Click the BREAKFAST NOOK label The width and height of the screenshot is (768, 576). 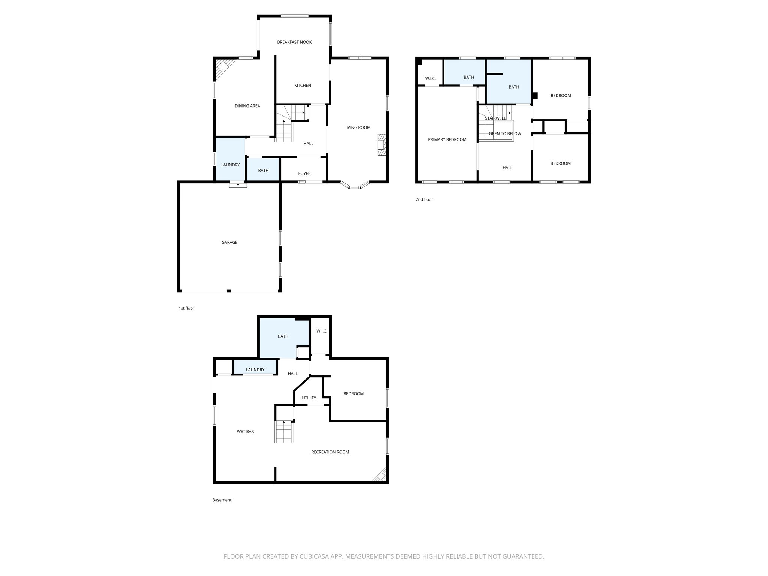(x=294, y=42)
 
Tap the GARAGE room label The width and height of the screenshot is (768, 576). (x=229, y=242)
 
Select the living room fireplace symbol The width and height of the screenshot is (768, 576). (x=381, y=145)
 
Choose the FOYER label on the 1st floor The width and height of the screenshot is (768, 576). (x=304, y=174)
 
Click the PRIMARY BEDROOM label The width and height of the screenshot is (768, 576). (x=447, y=139)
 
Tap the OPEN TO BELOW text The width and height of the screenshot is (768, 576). (x=505, y=133)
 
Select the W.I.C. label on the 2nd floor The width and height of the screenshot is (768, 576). (x=430, y=78)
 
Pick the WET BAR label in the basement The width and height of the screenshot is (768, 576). (x=245, y=432)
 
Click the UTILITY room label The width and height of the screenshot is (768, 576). (x=309, y=398)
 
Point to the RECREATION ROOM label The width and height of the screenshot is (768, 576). (x=330, y=452)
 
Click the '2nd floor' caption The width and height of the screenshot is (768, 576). (x=424, y=199)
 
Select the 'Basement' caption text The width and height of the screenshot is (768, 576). (x=222, y=500)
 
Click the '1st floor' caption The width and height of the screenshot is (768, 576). (x=186, y=308)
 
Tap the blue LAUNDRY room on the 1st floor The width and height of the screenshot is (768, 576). (x=230, y=159)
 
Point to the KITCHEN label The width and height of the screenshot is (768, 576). (x=302, y=85)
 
